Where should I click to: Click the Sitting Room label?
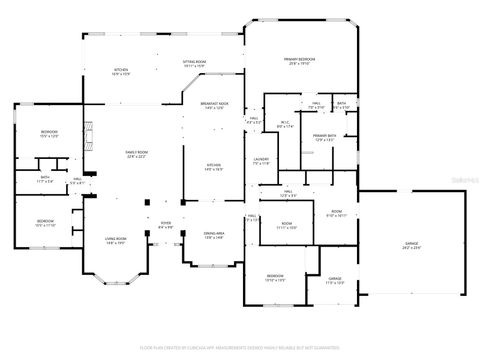194,64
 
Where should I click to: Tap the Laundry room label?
262,161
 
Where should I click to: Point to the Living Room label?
116,240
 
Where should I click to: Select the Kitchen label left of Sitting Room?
121,72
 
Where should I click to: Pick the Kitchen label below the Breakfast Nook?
213,168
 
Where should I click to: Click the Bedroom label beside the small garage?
275,278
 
